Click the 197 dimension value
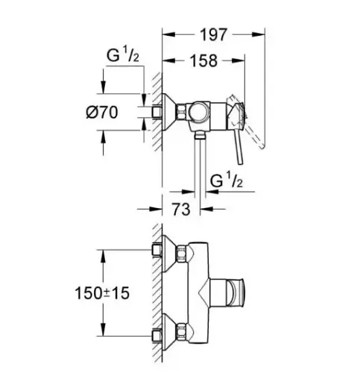point(214,35)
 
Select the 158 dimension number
point(203,60)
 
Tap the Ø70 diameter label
point(102,113)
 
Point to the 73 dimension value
point(181,209)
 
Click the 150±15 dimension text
point(102,293)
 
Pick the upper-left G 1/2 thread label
point(123,55)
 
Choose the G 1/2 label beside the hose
point(226,181)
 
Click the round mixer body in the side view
point(199,112)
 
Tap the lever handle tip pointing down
point(240,162)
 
